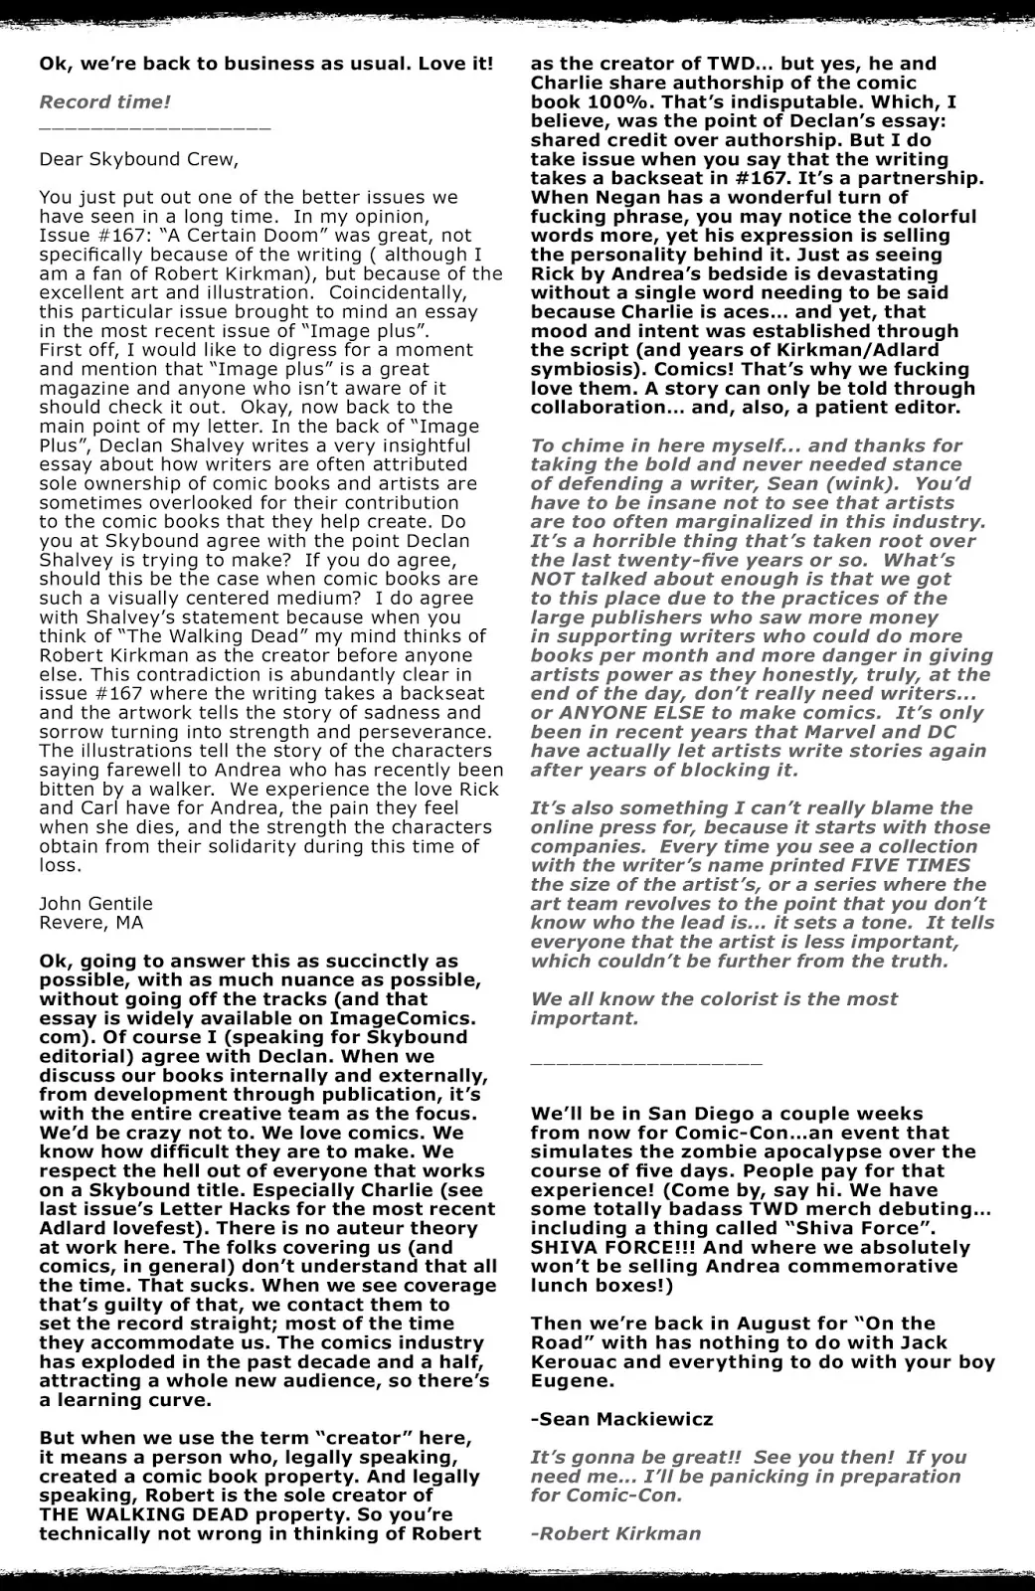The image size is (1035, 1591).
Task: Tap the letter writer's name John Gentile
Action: click(96, 903)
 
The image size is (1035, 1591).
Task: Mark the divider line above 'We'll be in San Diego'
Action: click(646, 1063)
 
